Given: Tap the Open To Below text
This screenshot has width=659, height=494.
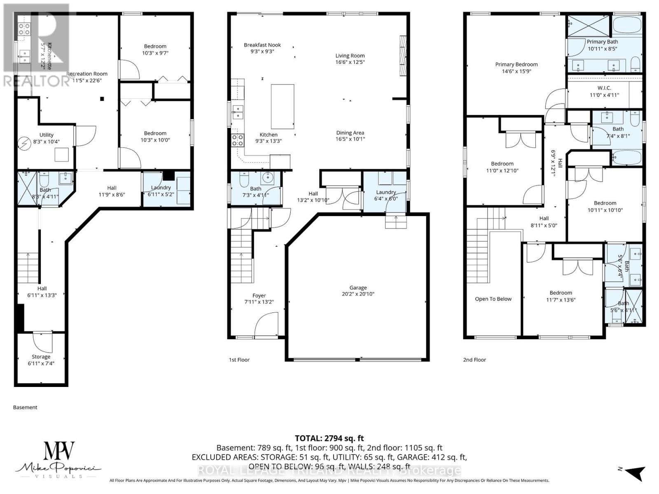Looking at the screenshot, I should coord(493,299).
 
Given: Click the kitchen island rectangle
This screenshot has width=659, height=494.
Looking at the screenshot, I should coord(282,107).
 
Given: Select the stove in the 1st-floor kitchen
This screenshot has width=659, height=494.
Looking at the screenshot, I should coord(238,140).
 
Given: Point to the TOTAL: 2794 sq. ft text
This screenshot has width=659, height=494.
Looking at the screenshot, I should coord(329,438).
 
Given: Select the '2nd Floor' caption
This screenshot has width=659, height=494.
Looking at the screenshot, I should coord(474,360).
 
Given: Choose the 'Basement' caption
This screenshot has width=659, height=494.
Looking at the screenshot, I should coord(25,407).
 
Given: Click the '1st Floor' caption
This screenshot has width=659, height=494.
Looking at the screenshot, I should coord(239,360).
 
